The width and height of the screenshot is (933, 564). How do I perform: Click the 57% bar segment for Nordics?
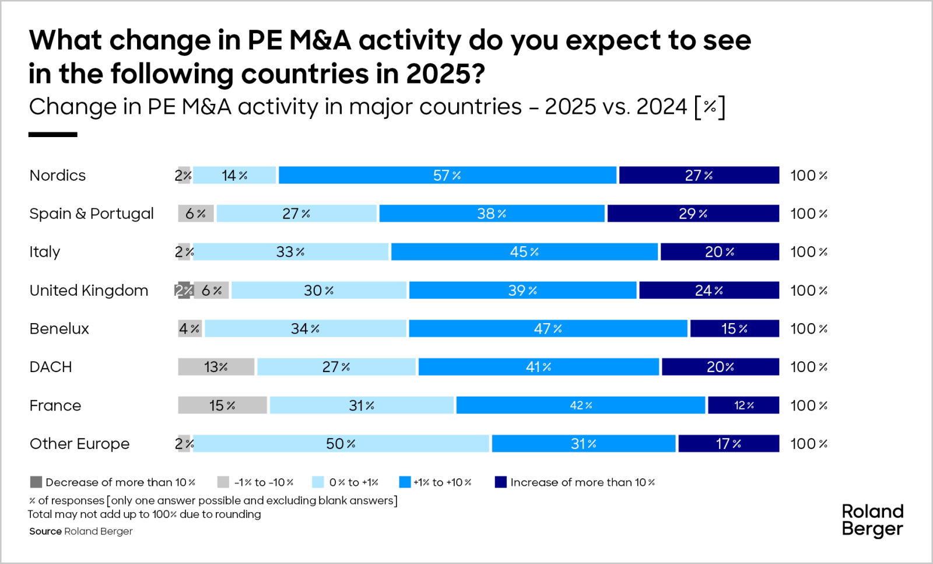pyautogui.click(x=447, y=175)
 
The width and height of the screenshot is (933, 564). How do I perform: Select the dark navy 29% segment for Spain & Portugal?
pyautogui.click(x=693, y=213)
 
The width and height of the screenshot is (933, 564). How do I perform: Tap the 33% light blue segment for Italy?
pyautogui.click(x=290, y=252)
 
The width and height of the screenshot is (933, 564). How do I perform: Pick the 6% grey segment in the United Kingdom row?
pyautogui.click(x=211, y=290)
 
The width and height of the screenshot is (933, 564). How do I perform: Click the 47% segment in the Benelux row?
pyautogui.click(x=548, y=328)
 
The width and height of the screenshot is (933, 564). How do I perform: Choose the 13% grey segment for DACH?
pyautogui.click(x=216, y=367)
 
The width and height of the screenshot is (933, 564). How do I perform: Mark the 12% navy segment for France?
pyautogui.click(x=743, y=405)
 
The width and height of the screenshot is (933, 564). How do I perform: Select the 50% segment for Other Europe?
pyautogui.click(x=341, y=444)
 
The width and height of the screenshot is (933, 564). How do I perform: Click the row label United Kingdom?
pyautogui.click(x=89, y=290)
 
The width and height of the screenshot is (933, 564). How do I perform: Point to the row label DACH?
pyautogui.click(x=51, y=367)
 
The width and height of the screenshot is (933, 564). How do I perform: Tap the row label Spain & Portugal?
pyautogui.click(x=92, y=213)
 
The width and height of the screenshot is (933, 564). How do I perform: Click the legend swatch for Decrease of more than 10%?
pyautogui.click(x=36, y=482)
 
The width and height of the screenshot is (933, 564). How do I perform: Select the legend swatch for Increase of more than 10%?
pyautogui.click(x=500, y=482)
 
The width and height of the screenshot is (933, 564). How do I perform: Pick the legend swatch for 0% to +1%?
pyautogui.click(x=318, y=482)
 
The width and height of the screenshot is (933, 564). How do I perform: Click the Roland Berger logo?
pyautogui.click(x=872, y=520)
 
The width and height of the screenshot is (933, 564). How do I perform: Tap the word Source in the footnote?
pyautogui.click(x=45, y=531)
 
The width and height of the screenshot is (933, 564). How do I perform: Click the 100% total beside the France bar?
pyautogui.click(x=809, y=405)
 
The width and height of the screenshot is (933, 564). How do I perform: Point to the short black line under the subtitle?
pyautogui.click(x=52, y=135)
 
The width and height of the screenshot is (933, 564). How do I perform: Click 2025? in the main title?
pyautogui.click(x=446, y=74)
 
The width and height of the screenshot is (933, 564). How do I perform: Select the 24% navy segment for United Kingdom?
pyautogui.click(x=708, y=290)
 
